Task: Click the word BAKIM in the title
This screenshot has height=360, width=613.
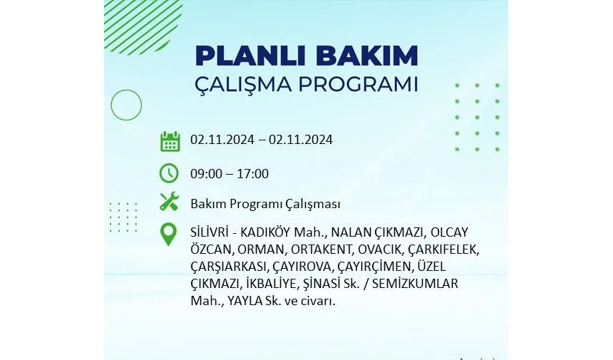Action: pyautogui.click(x=368, y=56)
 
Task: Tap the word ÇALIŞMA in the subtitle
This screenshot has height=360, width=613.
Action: pyautogui.click(x=243, y=85)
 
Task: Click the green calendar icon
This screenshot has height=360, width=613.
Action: pyautogui.click(x=170, y=141)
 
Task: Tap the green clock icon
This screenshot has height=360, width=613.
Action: pyautogui.click(x=169, y=173)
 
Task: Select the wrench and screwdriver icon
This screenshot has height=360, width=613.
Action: pyautogui.click(x=169, y=202)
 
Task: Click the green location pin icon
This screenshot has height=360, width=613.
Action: pyautogui.click(x=168, y=234)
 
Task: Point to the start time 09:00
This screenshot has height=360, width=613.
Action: pyautogui.click(x=206, y=173)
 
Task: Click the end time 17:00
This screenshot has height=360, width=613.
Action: pyautogui.click(x=253, y=173)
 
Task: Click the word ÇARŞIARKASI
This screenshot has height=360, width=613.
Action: pyautogui.click(x=228, y=267)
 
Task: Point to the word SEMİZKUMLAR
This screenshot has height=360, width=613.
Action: pyautogui.click(x=415, y=284)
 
